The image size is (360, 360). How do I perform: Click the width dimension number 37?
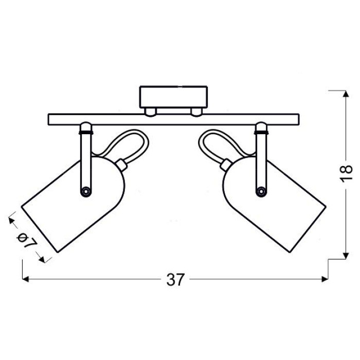[175, 279]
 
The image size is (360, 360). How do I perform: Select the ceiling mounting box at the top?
[174, 97]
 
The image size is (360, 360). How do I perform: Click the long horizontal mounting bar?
[174, 119]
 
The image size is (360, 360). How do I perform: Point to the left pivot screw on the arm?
[86, 191]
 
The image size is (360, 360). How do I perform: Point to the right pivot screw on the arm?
[261, 191]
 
